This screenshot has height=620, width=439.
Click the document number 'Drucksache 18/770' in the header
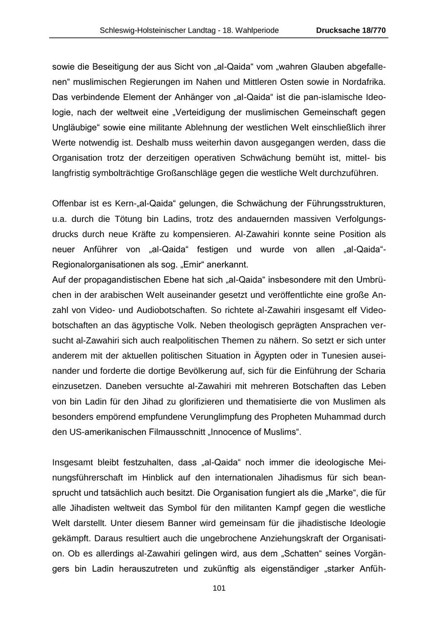[x=351, y=30]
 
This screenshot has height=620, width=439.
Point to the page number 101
[x=219, y=588]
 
